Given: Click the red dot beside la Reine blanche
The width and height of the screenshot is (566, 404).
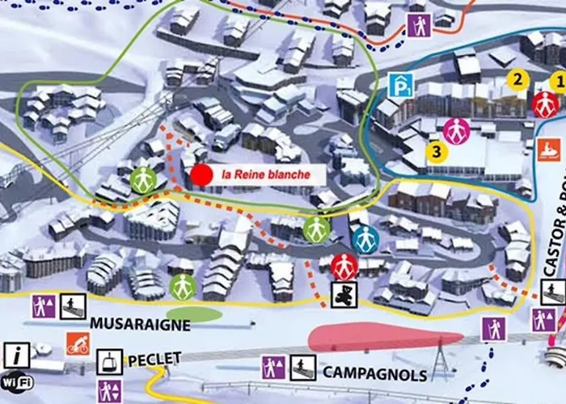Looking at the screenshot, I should tap(201, 175).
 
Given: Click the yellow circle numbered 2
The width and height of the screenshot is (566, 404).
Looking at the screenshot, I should tap(517, 78).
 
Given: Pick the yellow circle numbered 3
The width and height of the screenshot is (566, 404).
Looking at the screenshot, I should tap(437, 151).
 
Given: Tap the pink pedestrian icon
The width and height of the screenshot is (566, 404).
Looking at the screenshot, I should tap(457, 130).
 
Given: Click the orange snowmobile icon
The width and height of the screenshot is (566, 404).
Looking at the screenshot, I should tap(548, 149).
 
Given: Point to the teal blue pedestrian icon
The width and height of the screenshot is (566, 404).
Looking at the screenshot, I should tap(365, 239).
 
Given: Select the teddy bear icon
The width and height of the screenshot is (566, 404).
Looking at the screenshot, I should tap(343, 294).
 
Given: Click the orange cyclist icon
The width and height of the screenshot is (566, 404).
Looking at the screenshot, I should tap(78, 344).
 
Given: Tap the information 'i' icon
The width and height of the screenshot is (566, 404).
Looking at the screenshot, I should tap(16, 353).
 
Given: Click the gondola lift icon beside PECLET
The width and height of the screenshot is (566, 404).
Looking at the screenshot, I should tap(110, 361).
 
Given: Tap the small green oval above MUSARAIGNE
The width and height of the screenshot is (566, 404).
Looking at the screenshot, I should tap(195, 314).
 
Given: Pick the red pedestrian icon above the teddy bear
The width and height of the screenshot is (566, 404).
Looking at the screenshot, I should tap(344, 265).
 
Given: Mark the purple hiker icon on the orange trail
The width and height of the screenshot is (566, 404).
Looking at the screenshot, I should tap(418, 26).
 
